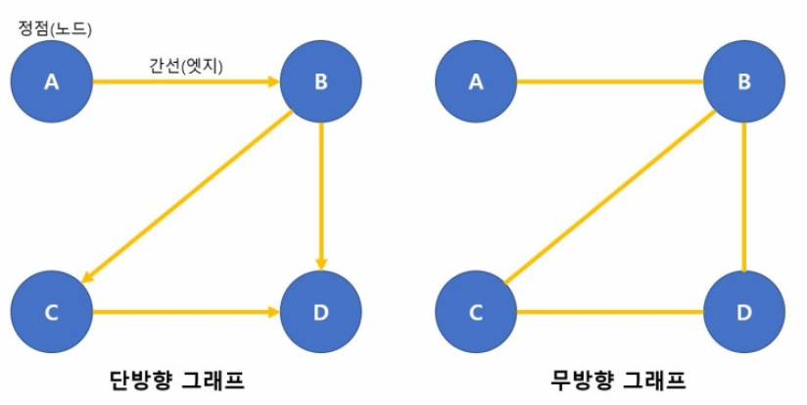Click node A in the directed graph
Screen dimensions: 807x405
point(52,81)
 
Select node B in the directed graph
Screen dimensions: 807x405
point(320,81)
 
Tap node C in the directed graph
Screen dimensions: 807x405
point(52,313)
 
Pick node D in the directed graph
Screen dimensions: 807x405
point(320,313)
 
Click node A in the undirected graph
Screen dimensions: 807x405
point(476,81)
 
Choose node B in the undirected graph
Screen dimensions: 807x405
point(744,81)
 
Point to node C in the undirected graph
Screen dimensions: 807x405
point(476,313)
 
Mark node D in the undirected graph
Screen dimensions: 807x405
point(744,313)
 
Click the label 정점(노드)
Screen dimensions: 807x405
point(54,29)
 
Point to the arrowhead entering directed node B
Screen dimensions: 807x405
point(275,82)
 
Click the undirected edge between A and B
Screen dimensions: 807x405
point(610,82)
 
